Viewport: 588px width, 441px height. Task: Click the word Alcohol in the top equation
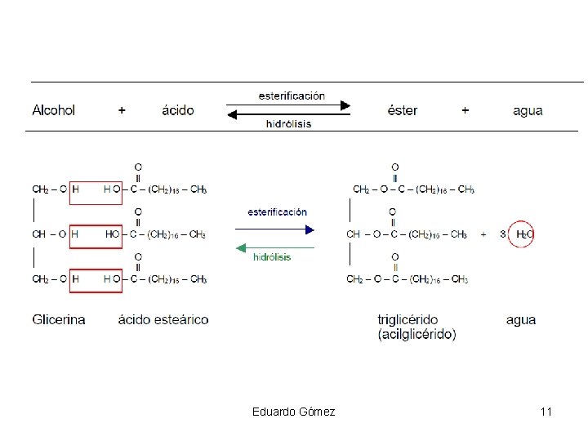pyautogui.click(x=54, y=110)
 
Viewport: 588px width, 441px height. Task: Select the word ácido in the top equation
pyautogui.click(x=178, y=110)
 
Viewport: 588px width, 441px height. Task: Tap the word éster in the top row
pyautogui.click(x=402, y=110)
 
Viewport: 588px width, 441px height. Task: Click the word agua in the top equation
pyautogui.click(x=528, y=110)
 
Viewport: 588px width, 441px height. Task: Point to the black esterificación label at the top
pyautogui.click(x=292, y=96)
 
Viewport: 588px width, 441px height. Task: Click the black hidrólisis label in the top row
pyautogui.click(x=288, y=124)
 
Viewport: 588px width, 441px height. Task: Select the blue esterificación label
pyautogui.click(x=278, y=212)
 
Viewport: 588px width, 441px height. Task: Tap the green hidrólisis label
pyautogui.click(x=272, y=256)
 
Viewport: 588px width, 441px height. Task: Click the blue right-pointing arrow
pyautogui.click(x=278, y=229)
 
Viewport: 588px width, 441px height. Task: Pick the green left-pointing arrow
pyautogui.click(x=274, y=247)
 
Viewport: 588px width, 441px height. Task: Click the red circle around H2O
pyautogui.click(x=522, y=234)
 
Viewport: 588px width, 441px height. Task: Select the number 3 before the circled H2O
pyautogui.click(x=503, y=234)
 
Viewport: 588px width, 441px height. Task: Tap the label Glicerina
pyautogui.click(x=59, y=319)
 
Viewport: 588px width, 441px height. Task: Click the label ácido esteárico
pyautogui.click(x=163, y=319)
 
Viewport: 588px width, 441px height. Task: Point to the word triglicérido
pyautogui.click(x=408, y=319)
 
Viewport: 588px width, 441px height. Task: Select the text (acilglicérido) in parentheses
pyautogui.click(x=416, y=334)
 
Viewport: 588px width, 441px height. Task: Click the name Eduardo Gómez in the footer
pyautogui.click(x=294, y=412)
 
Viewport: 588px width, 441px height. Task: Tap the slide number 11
pyautogui.click(x=546, y=412)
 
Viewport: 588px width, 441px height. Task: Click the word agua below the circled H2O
pyautogui.click(x=521, y=319)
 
